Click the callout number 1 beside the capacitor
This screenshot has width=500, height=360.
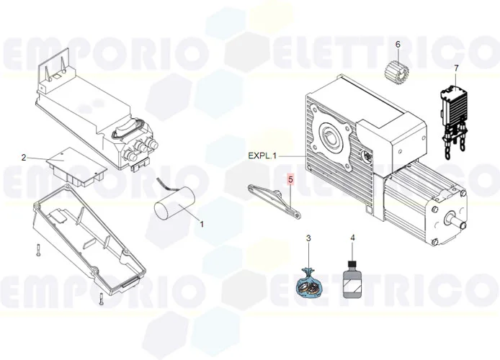[x=202, y=224]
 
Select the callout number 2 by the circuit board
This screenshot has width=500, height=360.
[x=24, y=157]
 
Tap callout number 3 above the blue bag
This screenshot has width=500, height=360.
[x=308, y=238]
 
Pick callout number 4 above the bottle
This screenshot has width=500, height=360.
[x=352, y=238]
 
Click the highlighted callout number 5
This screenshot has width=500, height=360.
[x=290, y=179]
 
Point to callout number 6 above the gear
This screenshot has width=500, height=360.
[x=397, y=45]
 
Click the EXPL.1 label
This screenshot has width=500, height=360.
[x=263, y=156]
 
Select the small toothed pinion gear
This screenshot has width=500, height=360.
[x=396, y=72]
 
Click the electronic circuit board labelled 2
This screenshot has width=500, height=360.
[x=77, y=166]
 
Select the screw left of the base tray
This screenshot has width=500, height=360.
[x=36, y=250]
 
